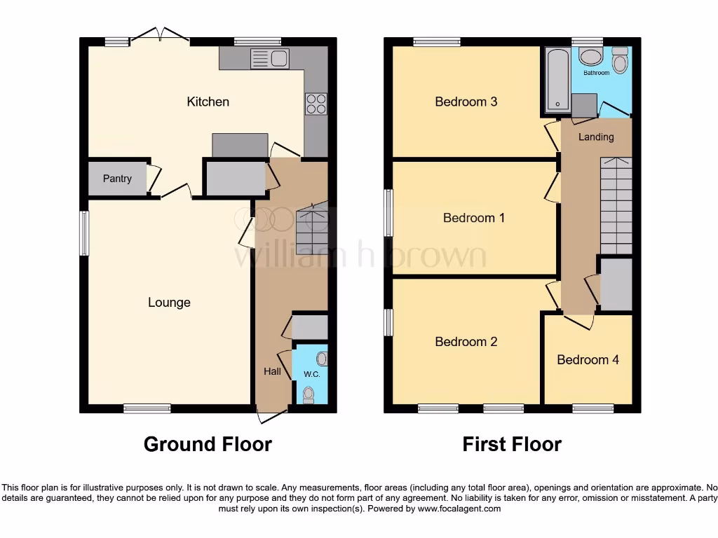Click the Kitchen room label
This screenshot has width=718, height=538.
[208, 102]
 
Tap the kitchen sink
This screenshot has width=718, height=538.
[269, 58]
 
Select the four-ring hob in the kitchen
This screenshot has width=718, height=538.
[316, 104]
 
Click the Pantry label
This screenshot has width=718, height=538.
[117, 179]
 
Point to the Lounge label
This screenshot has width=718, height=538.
[169, 303]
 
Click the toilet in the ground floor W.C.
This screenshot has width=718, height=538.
[308, 396]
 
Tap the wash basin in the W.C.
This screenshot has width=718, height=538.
[321, 359]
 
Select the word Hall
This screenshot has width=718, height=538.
[272, 371]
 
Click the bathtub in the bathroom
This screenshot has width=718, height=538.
[557, 81]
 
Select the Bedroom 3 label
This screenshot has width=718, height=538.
[466, 102]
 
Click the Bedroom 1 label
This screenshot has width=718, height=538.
[474, 218]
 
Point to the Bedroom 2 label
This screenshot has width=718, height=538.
[466, 342]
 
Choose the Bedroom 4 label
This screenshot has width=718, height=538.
[588, 360]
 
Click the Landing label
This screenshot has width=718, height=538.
[596, 137]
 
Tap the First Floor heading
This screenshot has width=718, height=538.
[512, 444]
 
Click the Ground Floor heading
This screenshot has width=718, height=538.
[208, 444]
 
